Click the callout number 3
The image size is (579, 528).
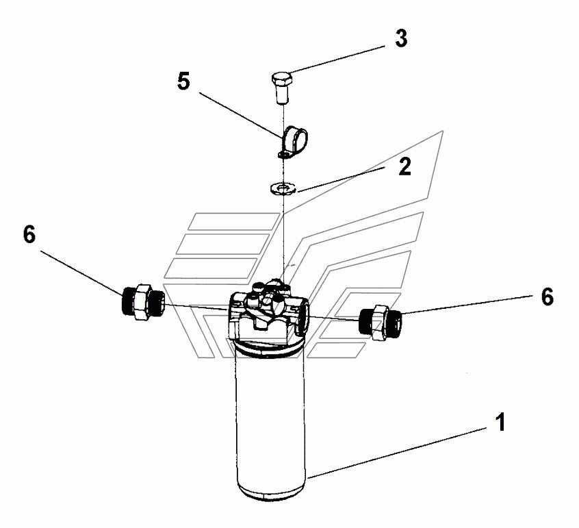click(401, 38)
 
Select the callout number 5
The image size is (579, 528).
click(183, 81)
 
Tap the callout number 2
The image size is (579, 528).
click(404, 166)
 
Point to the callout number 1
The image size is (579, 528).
click(500, 423)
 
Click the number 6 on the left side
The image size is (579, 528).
click(29, 234)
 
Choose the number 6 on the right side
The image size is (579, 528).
click(548, 297)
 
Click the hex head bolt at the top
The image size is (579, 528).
click(283, 88)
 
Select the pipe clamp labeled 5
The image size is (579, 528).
click(293, 142)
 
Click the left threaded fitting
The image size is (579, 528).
click(142, 302)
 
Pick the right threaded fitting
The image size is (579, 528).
click(381, 322)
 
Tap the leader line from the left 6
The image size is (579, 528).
click(81, 273)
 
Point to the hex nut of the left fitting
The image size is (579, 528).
click(142, 302)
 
